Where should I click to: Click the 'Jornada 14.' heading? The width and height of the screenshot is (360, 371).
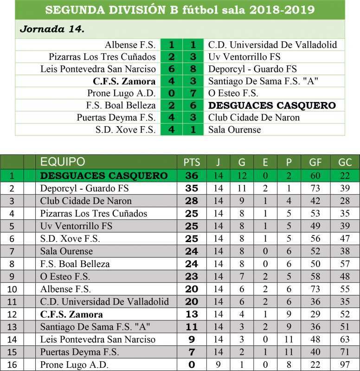click(52, 29)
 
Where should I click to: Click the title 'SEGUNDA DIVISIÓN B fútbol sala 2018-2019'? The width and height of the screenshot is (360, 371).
click(180, 10)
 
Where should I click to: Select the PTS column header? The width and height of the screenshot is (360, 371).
click(192, 162)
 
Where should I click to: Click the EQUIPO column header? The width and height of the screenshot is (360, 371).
click(63, 162)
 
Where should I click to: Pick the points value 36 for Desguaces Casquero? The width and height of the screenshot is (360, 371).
click(192, 176)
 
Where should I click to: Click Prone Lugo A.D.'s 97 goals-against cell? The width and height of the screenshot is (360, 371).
click(345, 365)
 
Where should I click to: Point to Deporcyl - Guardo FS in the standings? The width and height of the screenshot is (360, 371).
click(84, 188)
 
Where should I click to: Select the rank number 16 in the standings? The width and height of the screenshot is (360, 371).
click(12, 365)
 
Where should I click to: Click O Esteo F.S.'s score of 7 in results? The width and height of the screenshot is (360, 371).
click(193, 93)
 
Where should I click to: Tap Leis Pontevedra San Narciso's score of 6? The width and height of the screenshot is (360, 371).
click(171, 69)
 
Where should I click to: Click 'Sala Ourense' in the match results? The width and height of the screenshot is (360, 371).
click(234, 129)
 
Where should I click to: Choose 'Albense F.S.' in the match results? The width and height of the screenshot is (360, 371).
click(130, 45)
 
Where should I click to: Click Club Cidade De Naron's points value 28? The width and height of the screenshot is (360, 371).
click(192, 201)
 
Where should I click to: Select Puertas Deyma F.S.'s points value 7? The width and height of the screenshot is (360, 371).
click(192, 352)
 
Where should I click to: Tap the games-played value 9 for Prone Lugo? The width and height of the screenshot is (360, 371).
click(218, 365)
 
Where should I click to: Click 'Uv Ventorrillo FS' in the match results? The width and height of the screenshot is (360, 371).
click(244, 57)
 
